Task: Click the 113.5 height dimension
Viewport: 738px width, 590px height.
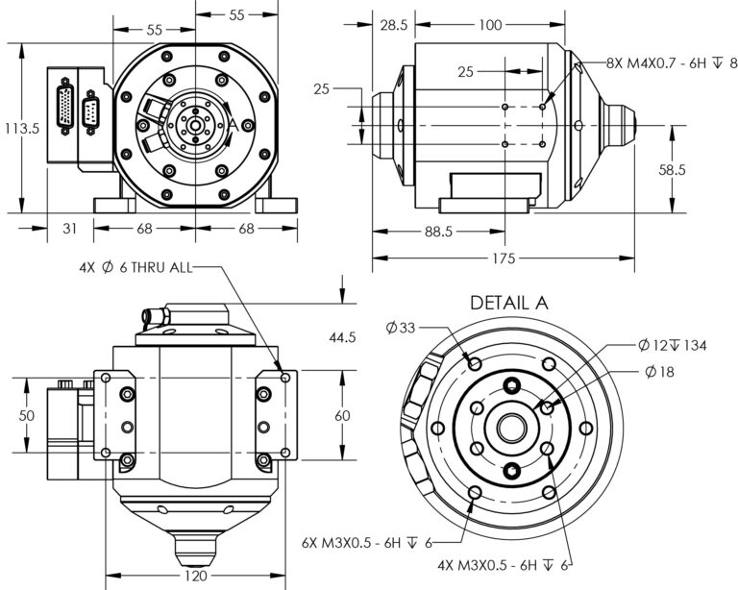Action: (20, 128)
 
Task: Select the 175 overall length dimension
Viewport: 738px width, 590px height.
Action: (503, 258)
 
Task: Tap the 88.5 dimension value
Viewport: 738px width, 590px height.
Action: (438, 232)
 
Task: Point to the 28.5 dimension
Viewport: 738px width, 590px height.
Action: (393, 24)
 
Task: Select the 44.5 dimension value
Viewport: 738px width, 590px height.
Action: (342, 337)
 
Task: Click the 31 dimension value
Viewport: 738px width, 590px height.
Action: (67, 229)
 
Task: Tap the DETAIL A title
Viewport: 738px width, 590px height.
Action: (508, 302)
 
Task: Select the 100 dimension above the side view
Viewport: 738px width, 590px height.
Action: (489, 24)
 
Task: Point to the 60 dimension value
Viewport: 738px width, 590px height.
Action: (342, 417)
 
